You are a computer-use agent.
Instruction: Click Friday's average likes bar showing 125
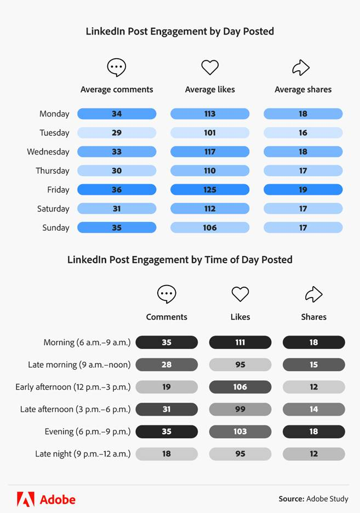point(210,190)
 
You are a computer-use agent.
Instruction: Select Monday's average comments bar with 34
point(117,114)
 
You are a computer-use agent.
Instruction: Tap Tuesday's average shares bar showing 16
point(303,133)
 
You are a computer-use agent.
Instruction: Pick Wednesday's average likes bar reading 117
point(210,152)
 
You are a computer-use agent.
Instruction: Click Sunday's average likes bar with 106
point(210,227)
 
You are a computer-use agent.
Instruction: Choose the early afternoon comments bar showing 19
point(167,387)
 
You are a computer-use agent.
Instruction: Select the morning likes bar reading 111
point(240,343)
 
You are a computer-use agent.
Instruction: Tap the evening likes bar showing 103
point(240,431)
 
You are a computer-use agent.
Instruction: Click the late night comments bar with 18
point(167,454)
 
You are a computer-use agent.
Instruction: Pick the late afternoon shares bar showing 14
point(313,409)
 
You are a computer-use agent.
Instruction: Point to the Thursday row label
point(53,170)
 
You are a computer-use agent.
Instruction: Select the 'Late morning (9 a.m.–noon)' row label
point(79,364)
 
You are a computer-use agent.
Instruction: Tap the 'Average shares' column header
point(303,89)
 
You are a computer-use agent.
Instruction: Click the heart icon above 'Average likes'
point(210,67)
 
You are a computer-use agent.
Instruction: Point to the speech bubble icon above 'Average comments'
point(117,67)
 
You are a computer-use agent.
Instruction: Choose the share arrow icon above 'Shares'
point(313,294)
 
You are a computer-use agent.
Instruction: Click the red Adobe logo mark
point(26,499)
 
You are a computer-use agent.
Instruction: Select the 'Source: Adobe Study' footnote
point(313,499)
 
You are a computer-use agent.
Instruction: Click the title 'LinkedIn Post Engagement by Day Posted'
point(180,31)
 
